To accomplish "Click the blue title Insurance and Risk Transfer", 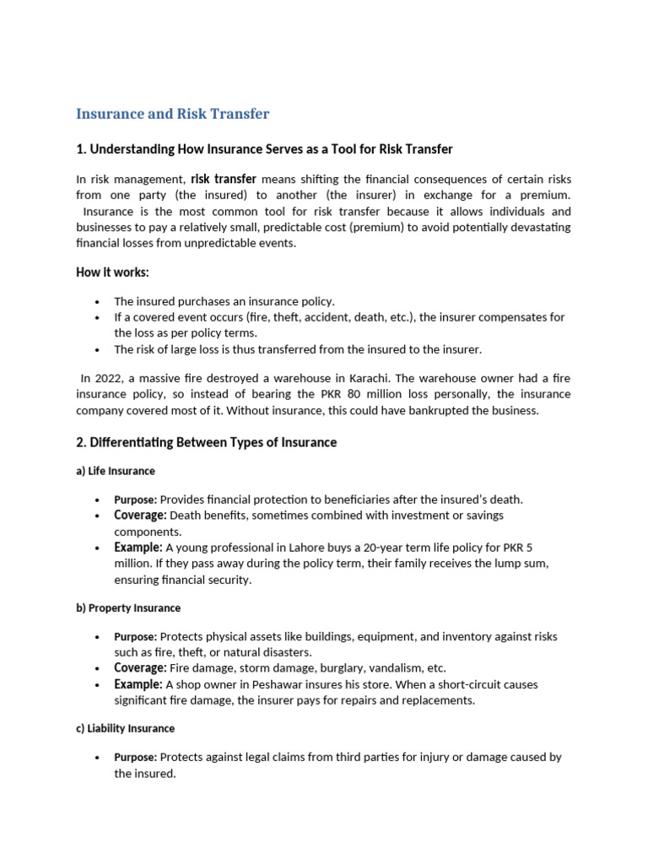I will [x=173, y=114].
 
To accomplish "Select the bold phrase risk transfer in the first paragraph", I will [x=224, y=180].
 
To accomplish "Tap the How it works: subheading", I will [x=113, y=272].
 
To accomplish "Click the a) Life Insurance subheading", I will [x=116, y=471].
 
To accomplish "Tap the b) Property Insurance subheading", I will [x=128, y=607].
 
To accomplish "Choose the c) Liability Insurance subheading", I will [x=126, y=728].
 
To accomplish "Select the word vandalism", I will [x=395, y=668].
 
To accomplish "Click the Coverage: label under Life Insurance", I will [x=140, y=516].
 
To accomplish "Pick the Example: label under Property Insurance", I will [x=138, y=684].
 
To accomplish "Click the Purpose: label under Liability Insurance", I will [x=136, y=758].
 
